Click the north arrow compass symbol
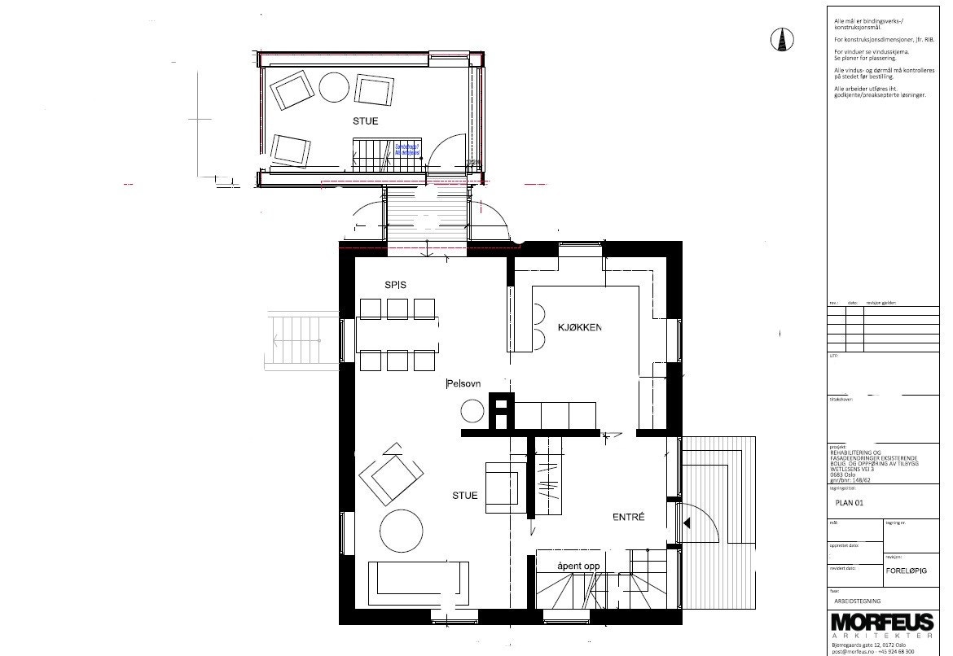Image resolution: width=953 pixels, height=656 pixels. (781, 38)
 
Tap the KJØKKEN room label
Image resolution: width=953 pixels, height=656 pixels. (580, 327)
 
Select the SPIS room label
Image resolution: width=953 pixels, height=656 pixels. (396, 284)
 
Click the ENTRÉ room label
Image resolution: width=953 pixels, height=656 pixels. (629, 517)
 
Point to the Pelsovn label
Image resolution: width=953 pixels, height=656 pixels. (465, 383)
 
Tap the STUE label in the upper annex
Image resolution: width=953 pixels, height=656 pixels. (365, 121)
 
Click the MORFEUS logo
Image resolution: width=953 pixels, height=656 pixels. (882, 623)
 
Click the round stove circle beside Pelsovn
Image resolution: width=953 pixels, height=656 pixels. (472, 412)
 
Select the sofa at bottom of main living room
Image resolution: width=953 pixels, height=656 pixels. (419, 584)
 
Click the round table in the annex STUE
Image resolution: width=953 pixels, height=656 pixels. (334, 87)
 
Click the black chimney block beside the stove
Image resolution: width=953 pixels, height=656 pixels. (501, 410)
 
